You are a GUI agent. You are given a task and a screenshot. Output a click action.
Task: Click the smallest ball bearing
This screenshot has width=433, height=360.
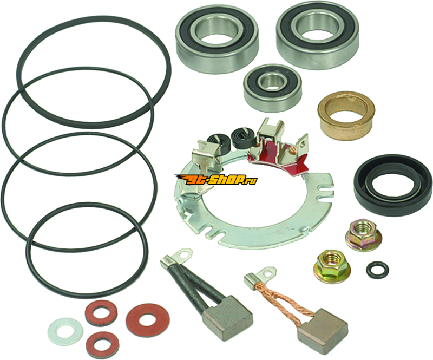pyautogui.click(x=272, y=88)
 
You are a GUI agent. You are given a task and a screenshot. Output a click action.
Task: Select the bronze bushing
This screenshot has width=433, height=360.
pyautogui.click(x=346, y=115)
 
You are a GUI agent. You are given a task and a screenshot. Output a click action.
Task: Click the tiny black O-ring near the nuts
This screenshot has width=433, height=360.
pyautogui.click(x=377, y=270)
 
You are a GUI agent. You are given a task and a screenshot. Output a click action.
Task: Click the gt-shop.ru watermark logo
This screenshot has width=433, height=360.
pyautogui.click(x=216, y=180)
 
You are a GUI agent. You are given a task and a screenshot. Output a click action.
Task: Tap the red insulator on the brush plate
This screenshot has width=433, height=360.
pyautogui.click(x=278, y=158)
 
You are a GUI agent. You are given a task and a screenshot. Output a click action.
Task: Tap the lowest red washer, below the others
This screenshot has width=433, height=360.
pyautogui.click(x=102, y=343)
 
